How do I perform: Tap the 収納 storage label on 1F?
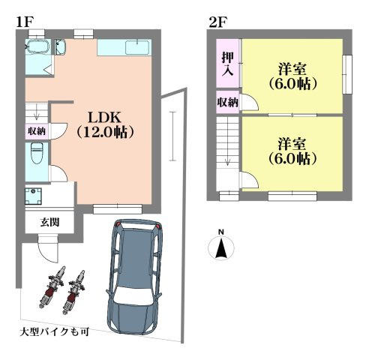[x=37, y=130]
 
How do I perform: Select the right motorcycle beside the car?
[x=75, y=290]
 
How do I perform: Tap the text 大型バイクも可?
[x=54, y=330]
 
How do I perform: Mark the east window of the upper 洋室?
[x=346, y=75]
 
